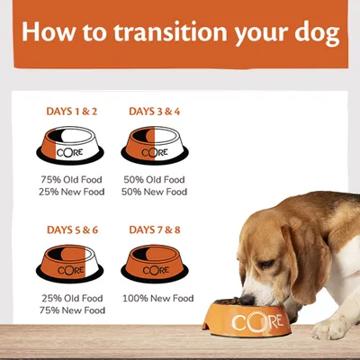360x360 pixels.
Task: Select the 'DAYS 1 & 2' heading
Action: [71, 112]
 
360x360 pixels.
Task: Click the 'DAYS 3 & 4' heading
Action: [155, 112]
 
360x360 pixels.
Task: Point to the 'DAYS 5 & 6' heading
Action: [71, 230]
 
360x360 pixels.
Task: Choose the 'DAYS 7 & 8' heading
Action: [155, 230]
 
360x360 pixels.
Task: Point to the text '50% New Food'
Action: [155, 192]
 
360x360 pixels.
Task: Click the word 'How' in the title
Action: [50, 34]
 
